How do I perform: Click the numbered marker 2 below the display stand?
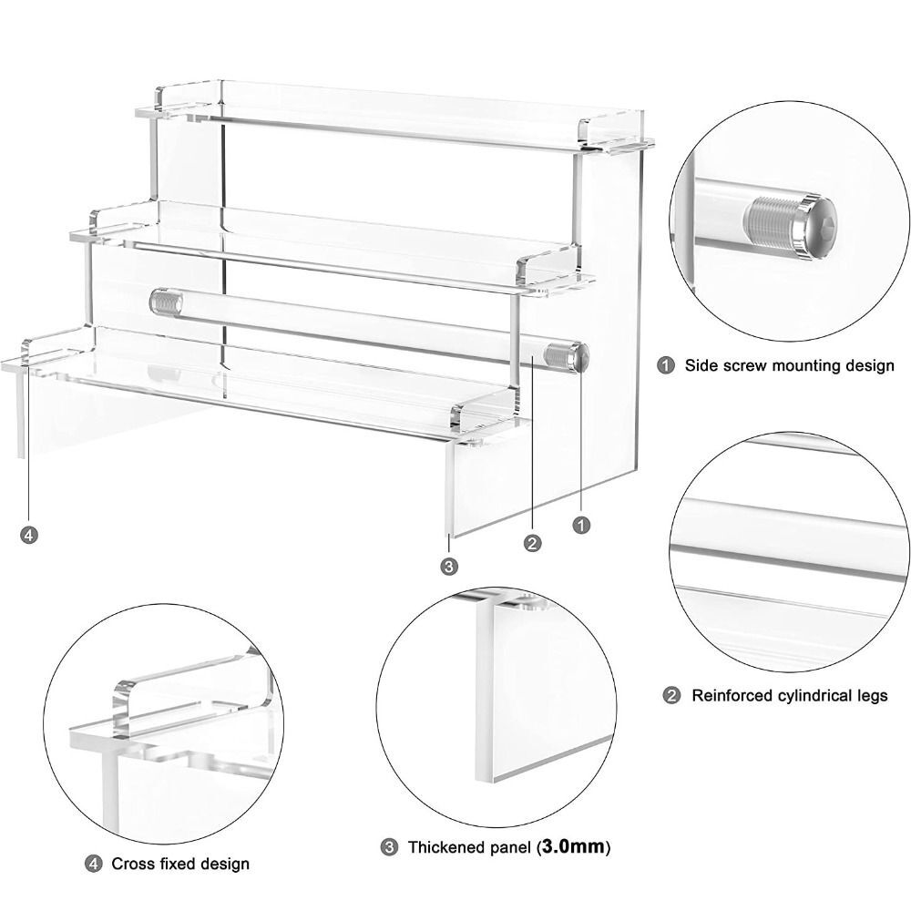click(533, 543)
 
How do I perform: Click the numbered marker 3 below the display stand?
click(448, 567)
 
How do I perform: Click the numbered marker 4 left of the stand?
click(29, 535)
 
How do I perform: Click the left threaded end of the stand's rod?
click(165, 301)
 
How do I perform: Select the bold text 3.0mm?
click(574, 847)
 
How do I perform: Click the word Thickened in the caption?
click(446, 848)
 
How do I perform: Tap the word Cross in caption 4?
click(133, 864)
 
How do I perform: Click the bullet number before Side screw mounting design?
click(667, 365)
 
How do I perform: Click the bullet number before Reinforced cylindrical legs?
click(671, 696)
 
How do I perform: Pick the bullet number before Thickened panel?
click(389, 847)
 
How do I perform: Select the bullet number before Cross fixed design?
click(93, 863)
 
